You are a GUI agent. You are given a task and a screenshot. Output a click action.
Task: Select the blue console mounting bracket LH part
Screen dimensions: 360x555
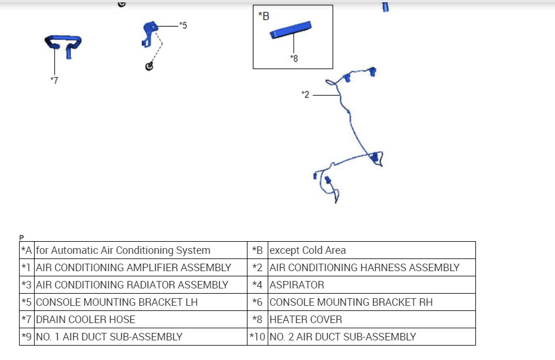(149, 28)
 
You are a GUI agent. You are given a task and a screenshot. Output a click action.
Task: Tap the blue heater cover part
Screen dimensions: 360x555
(291, 30)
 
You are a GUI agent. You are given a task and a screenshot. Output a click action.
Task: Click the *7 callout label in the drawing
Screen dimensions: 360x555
(54, 80)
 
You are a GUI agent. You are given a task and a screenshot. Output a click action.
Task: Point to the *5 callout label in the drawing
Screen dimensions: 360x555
(183, 25)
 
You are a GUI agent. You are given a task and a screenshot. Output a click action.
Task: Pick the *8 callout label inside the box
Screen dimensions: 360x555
(294, 58)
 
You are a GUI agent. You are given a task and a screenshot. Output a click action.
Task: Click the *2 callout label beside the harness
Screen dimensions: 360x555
(306, 94)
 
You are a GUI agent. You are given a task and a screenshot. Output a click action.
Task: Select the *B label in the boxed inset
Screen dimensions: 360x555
(264, 16)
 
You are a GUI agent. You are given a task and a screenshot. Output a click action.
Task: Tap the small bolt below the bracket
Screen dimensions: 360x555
(149, 66)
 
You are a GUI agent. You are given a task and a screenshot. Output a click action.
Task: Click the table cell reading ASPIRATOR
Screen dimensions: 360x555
(297, 285)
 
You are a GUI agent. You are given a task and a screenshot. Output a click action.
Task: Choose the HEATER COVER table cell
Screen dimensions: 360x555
(306, 320)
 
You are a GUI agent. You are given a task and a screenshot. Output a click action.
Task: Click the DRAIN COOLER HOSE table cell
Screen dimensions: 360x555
(85, 320)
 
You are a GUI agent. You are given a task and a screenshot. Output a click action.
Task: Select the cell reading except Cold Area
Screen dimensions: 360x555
(307, 250)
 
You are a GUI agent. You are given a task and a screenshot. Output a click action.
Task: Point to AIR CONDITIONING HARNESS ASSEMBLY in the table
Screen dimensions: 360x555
(364, 268)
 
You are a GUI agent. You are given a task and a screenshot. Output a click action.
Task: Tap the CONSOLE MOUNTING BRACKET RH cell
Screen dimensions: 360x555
(351, 302)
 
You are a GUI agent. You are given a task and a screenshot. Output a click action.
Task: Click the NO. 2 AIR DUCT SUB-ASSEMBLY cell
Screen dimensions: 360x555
(343, 337)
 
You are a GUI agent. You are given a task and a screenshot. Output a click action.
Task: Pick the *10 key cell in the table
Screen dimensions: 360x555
(257, 337)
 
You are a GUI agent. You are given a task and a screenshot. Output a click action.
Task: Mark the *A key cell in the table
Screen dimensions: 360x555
(27, 250)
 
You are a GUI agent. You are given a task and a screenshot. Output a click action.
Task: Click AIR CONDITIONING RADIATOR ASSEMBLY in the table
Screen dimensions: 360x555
(132, 285)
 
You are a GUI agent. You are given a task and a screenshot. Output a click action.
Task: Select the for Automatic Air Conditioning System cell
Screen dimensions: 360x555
(123, 250)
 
